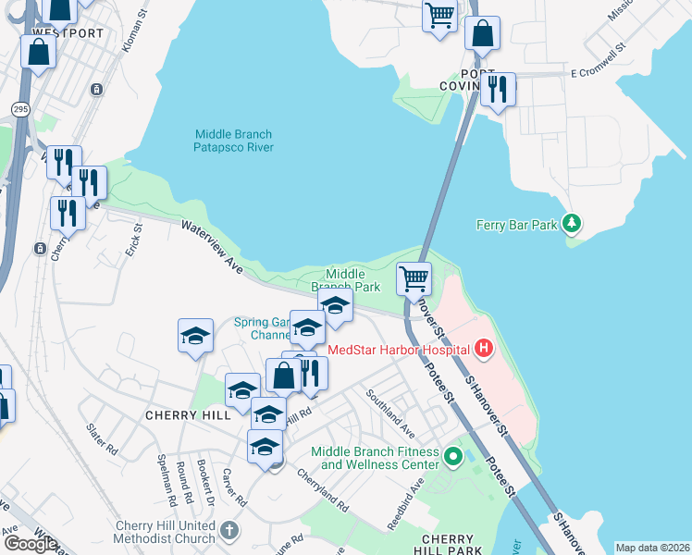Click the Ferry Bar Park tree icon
coord(573,223)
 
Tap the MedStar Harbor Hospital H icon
coord(482,350)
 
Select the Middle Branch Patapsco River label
coord(233,141)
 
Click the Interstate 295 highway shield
coord(20,82)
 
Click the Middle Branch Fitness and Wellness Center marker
coord(452,457)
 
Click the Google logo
coord(30,544)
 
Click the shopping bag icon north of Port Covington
coord(482,33)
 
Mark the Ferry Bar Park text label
coord(517,224)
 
